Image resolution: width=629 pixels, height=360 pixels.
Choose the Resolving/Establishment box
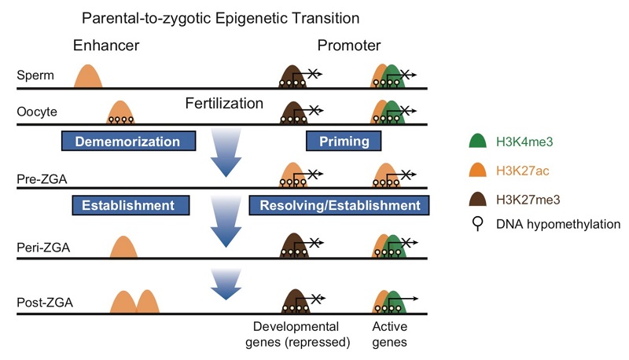point(339,206)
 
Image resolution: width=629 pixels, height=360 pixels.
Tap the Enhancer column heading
point(106,46)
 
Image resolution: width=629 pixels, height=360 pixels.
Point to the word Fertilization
point(225,103)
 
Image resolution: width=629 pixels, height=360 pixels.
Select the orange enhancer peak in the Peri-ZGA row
point(123,247)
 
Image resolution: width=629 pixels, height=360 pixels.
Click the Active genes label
point(391,334)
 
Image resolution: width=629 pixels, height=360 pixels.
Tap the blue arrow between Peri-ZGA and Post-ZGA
point(226,284)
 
